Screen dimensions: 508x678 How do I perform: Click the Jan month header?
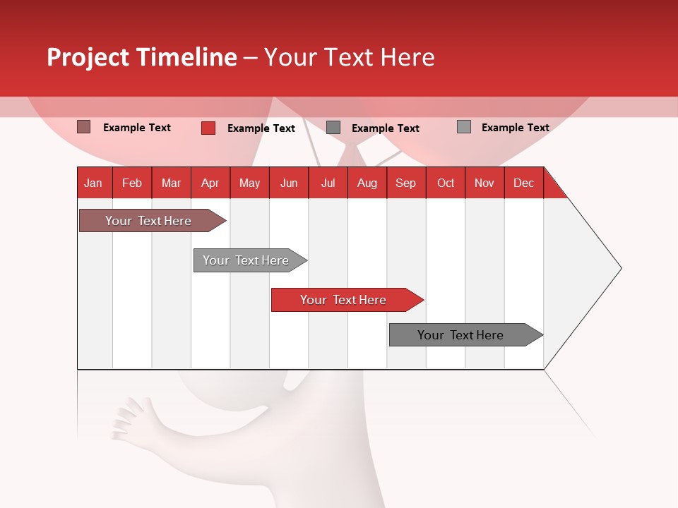click(x=93, y=183)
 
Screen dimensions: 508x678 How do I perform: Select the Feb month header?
click(x=132, y=183)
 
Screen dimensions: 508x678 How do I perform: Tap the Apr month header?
click(x=210, y=183)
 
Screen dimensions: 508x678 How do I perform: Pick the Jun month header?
click(x=288, y=183)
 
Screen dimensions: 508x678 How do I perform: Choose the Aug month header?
click(x=367, y=183)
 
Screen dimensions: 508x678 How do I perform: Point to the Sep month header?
click(x=405, y=183)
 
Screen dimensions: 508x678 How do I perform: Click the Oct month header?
click(x=446, y=183)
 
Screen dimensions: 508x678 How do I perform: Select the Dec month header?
click(x=523, y=183)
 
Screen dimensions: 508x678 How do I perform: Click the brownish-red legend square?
click(x=83, y=127)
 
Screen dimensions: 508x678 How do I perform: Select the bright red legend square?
click(x=208, y=128)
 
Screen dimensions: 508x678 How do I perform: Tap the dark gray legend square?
click(x=333, y=127)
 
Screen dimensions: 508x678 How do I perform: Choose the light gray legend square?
click(x=463, y=127)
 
